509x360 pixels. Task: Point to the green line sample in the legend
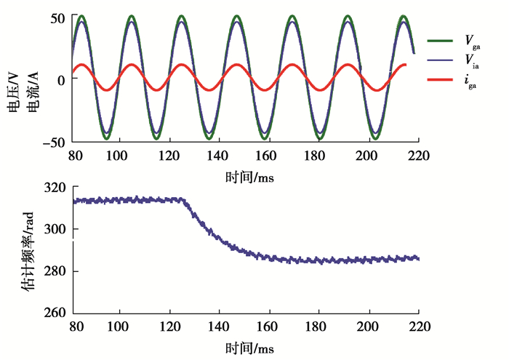439,41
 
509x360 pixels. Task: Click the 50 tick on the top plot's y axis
57,17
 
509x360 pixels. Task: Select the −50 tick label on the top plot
52,141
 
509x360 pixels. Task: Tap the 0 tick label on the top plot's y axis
61,79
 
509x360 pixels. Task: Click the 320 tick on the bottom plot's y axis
55,187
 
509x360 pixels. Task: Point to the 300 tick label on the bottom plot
55,229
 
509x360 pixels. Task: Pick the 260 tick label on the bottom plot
55,313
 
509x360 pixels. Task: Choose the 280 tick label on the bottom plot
55,271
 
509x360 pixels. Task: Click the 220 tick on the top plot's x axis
420,155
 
